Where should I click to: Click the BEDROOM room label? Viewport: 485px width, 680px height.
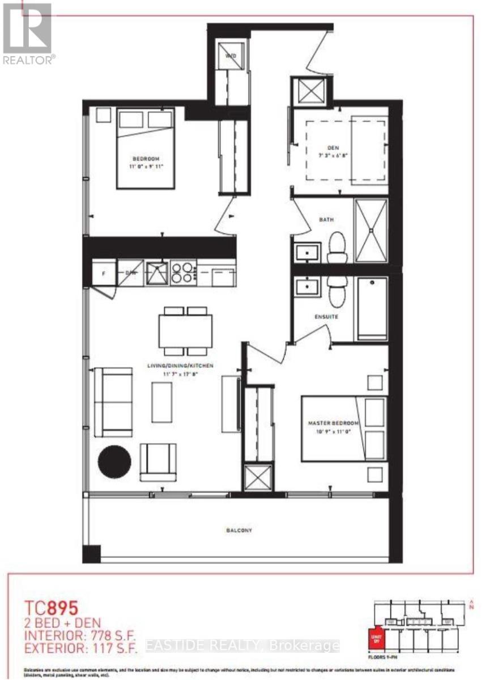pyautogui.click(x=146, y=158)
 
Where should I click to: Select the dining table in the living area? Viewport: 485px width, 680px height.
pyautogui.click(x=185, y=331)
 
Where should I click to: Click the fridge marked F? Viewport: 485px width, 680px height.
pyautogui.click(x=104, y=273)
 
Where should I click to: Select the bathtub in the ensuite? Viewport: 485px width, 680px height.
pyautogui.click(x=371, y=308)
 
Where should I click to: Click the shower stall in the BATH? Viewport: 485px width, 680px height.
pyautogui.click(x=371, y=230)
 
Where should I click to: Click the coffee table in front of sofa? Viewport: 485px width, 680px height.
pyautogui.click(x=161, y=401)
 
